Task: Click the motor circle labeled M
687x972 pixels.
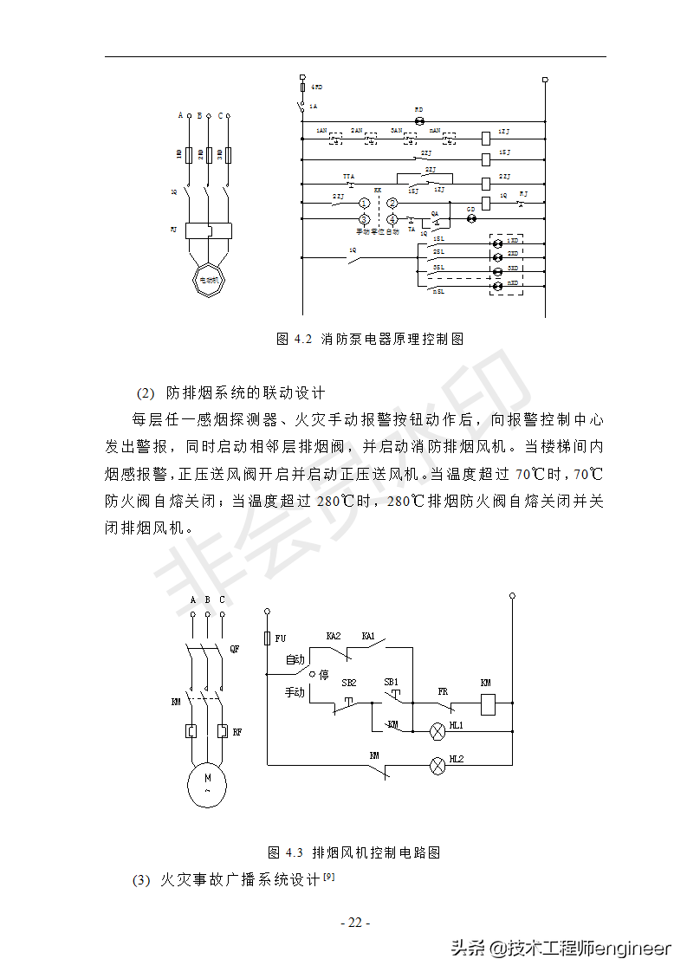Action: tap(207, 784)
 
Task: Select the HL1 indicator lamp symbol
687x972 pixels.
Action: tap(437, 730)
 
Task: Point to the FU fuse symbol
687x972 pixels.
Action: tap(266, 638)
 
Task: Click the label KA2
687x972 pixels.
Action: tap(334, 635)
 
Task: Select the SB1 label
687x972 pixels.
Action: tap(392, 682)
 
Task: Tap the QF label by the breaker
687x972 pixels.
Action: tap(234, 649)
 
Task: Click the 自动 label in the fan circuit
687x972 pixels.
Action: tap(295, 660)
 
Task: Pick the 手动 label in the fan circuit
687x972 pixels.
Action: tap(295, 692)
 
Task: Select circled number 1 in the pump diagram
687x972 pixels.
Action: tap(365, 203)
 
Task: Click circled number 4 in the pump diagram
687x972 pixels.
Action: tap(392, 219)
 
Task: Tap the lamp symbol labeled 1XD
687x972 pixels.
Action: tap(497, 241)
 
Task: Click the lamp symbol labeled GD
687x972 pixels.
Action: tap(471, 219)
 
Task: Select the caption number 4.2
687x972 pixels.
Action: tap(302, 339)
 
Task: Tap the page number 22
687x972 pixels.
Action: tap(354, 923)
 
